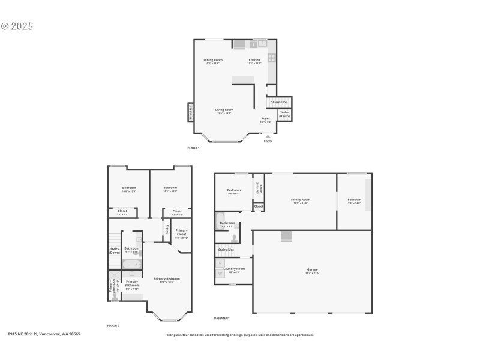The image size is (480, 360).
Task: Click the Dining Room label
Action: pyautogui.click(x=213, y=60)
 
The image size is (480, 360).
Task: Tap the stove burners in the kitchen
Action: pyautogui.click(x=272, y=58)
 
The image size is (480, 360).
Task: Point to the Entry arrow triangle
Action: pyautogui.click(x=268, y=136)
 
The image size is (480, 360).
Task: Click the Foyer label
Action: pyautogui.click(x=265, y=119)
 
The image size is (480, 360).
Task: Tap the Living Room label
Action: pyautogui.click(x=224, y=110)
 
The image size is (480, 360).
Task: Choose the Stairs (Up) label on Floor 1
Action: pyautogui.click(x=278, y=102)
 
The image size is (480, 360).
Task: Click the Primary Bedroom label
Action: pyautogui.click(x=166, y=278)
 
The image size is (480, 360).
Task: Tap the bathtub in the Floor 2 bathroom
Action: pyautogui.click(x=131, y=264)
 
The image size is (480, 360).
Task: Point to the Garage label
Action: pyautogui.click(x=313, y=269)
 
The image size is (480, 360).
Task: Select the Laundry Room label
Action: pyautogui.click(x=236, y=269)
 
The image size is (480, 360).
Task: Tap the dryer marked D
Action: pyautogui.click(x=220, y=263)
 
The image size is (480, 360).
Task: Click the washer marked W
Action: pyautogui.click(x=220, y=275)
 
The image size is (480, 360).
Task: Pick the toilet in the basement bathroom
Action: pyautogui.click(x=233, y=238)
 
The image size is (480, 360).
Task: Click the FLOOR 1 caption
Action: pyautogui.click(x=193, y=148)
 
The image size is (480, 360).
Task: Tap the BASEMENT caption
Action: pyautogui.click(x=222, y=318)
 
